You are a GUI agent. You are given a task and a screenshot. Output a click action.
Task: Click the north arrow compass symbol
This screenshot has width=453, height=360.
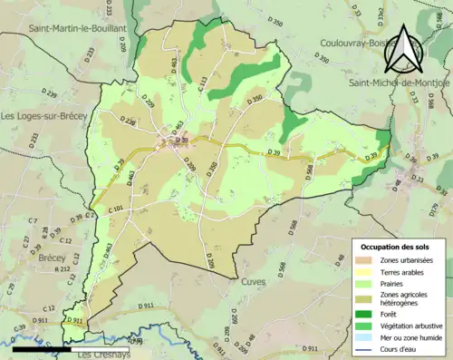pos(404,44)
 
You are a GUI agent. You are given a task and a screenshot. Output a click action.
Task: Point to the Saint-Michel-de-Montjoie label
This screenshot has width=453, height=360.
pos(399,82)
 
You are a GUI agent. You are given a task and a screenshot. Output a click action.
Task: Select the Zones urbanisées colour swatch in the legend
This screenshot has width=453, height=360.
pos(367,260)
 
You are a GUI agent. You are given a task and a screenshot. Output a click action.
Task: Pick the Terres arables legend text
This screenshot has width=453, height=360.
pos(405,271)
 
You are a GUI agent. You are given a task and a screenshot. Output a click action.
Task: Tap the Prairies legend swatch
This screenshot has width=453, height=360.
pos(367,282)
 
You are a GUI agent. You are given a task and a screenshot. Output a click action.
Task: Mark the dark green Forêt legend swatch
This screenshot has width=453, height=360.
pos(367,309)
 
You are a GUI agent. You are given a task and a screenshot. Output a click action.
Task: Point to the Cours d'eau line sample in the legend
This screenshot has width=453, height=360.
pos(367,347)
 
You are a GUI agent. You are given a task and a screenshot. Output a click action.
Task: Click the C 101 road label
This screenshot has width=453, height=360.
pos(115,209)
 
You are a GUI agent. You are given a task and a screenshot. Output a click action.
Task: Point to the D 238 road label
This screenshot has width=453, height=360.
pos(129,122)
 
